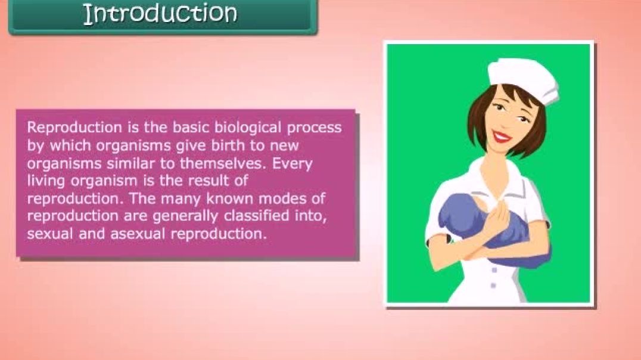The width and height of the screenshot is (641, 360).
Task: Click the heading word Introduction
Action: pyautogui.click(x=160, y=13)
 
